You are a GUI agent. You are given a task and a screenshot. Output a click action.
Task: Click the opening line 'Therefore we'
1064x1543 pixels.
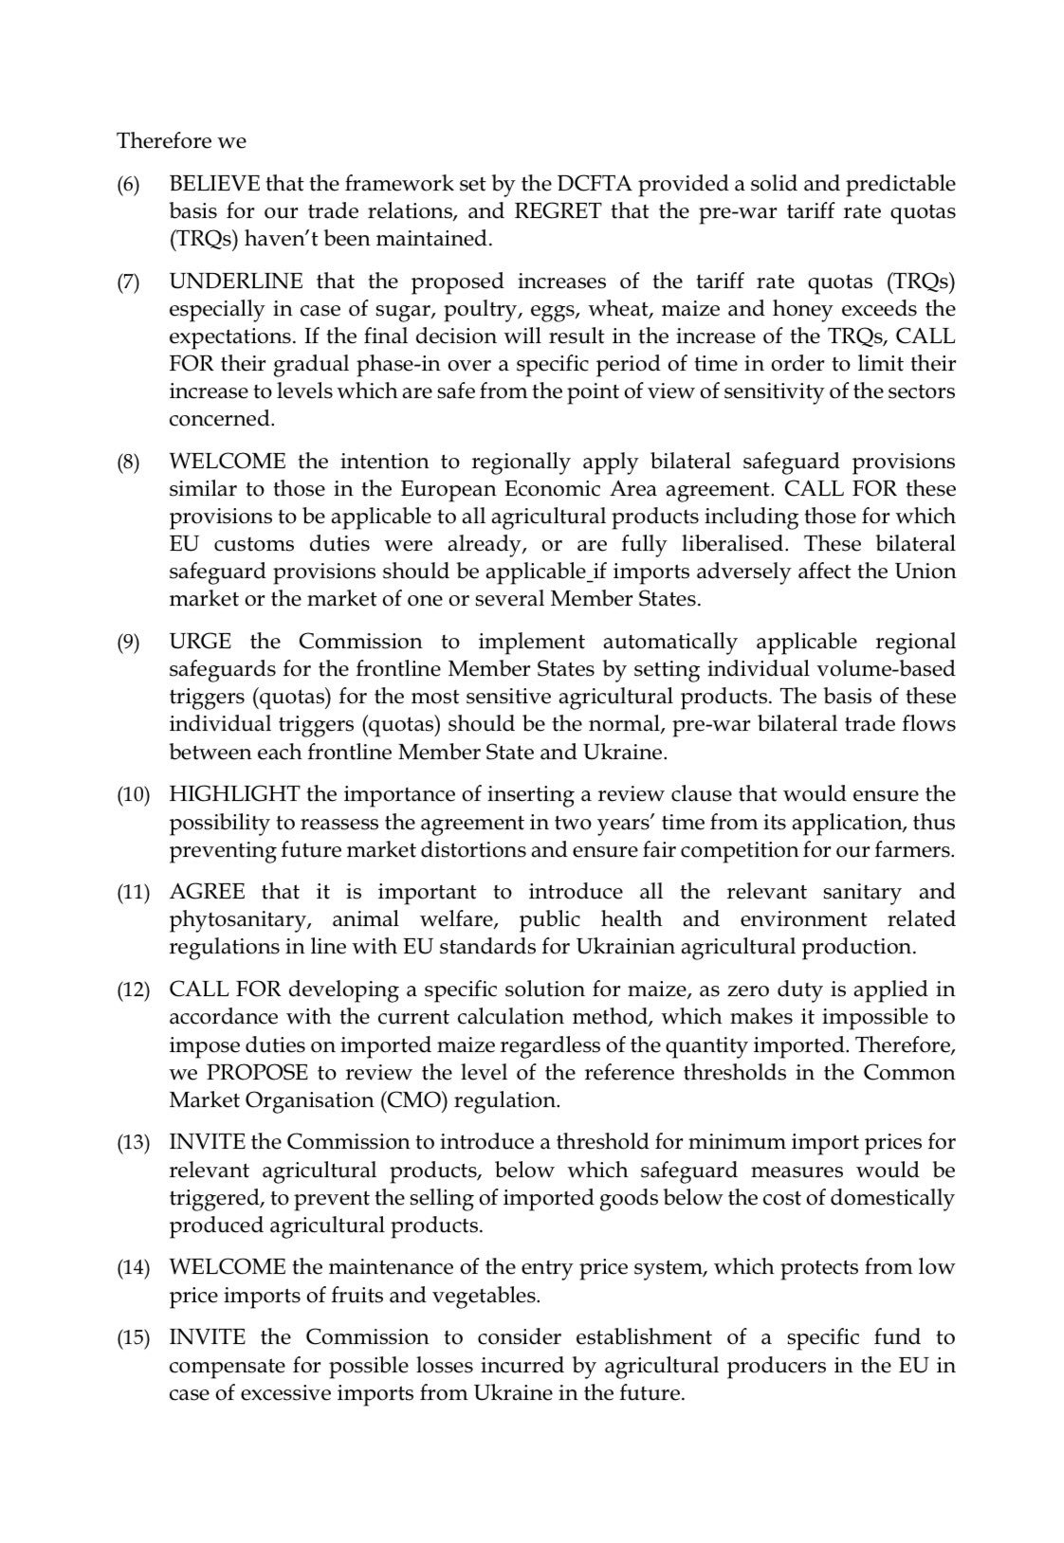click(x=181, y=141)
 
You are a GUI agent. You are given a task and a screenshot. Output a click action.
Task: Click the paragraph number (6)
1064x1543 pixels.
click(x=128, y=184)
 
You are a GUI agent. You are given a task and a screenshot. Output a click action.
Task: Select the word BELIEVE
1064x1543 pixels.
click(x=208, y=183)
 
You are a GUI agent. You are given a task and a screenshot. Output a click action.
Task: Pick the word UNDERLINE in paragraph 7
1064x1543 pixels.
click(x=236, y=281)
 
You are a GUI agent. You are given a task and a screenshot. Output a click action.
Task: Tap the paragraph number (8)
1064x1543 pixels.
click(x=128, y=463)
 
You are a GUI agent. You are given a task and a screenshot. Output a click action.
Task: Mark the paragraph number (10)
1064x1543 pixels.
click(x=133, y=795)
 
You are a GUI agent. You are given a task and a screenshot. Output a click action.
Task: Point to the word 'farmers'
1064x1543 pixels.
click(x=911, y=849)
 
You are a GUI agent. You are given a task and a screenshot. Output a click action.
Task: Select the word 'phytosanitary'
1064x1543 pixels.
click(x=229, y=919)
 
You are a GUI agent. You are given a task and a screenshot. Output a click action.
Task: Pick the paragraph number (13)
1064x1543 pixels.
click(x=133, y=1143)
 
